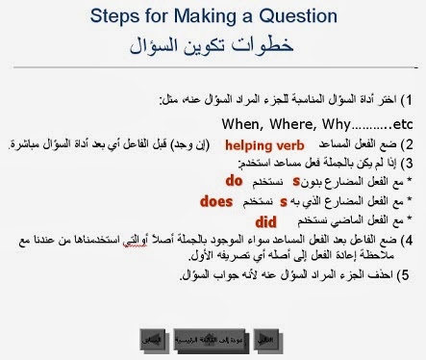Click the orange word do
tap(233, 180)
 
